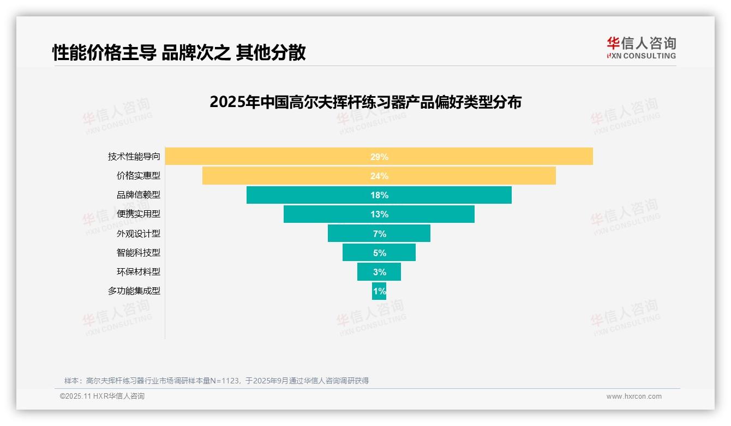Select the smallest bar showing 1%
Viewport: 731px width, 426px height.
[x=379, y=291]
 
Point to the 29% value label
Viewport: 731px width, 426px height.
[x=379, y=157]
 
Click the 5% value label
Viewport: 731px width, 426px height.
[x=379, y=253]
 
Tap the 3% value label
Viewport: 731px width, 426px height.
[x=379, y=272]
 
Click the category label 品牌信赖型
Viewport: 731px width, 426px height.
[x=139, y=195]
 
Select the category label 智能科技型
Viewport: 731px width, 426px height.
[x=139, y=252]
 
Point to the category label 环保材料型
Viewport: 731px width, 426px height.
[x=139, y=271]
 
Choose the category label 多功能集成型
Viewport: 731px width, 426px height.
[x=134, y=291]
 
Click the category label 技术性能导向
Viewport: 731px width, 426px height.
[x=134, y=157]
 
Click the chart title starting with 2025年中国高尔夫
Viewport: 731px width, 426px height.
[x=366, y=102]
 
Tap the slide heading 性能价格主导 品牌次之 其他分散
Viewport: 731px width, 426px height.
[x=179, y=52]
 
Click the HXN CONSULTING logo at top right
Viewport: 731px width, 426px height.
[x=641, y=48]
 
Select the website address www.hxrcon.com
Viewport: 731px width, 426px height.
[x=634, y=397]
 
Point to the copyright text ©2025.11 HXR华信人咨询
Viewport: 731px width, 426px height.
[x=102, y=397]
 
